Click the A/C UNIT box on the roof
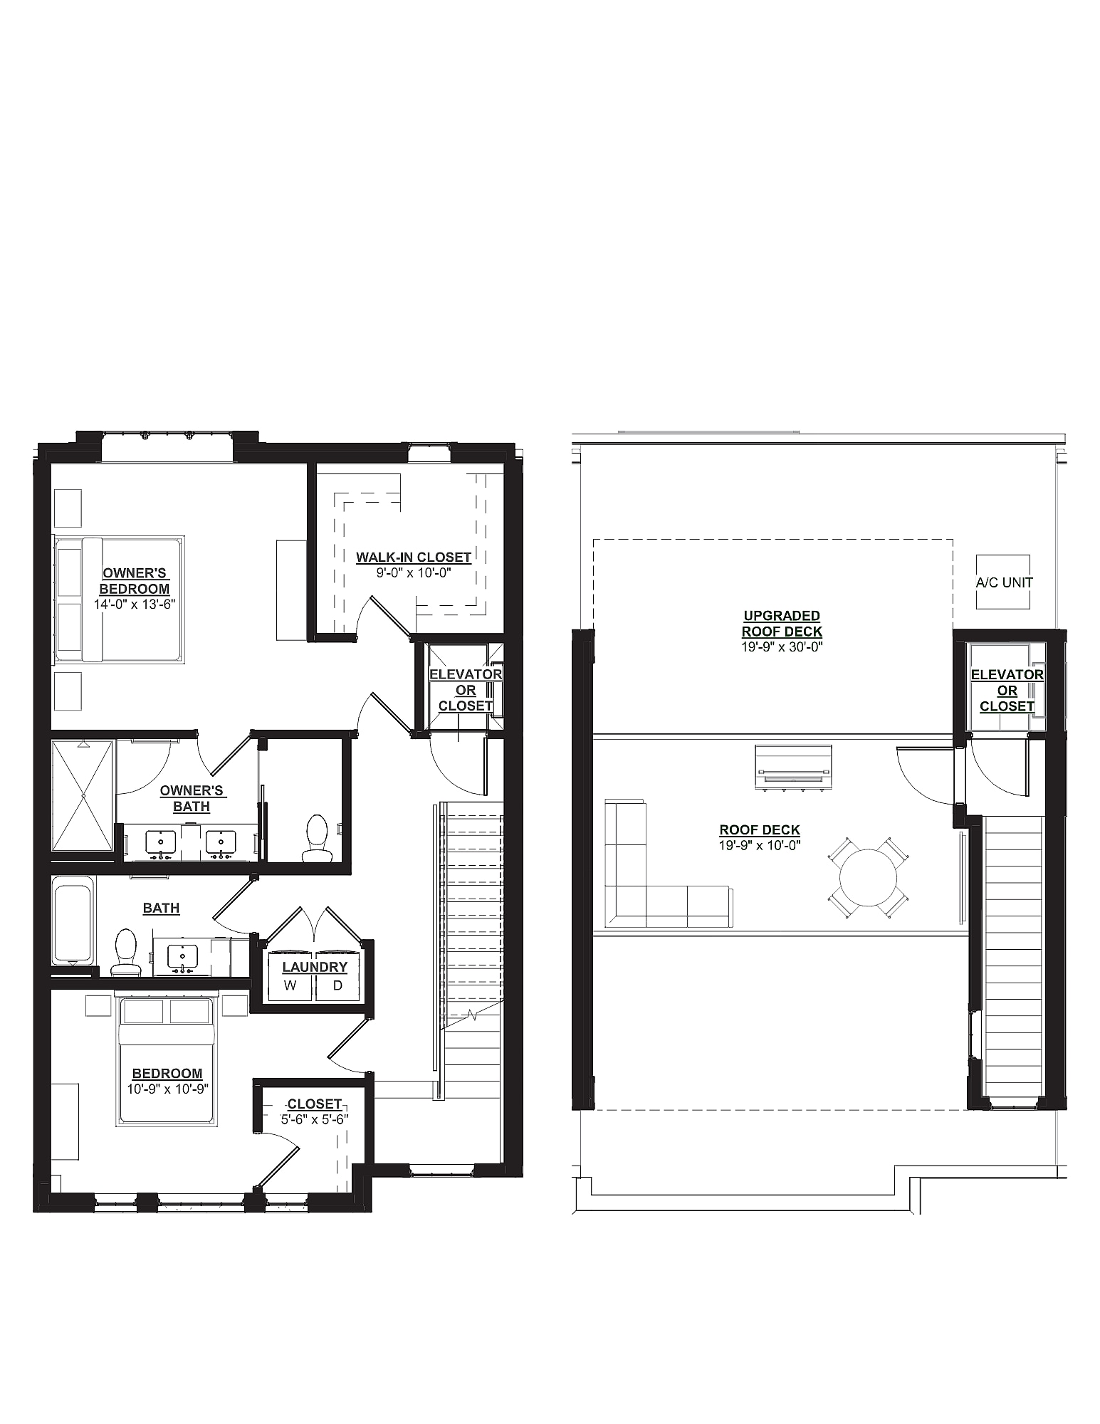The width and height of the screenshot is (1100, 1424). click(x=1003, y=582)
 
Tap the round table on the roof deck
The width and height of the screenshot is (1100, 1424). click(x=868, y=877)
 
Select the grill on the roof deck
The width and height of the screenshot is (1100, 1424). click(x=794, y=768)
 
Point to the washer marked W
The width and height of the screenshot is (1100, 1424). click(x=290, y=985)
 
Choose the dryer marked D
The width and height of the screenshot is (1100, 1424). click(x=338, y=985)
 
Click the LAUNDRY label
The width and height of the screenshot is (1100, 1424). click(x=315, y=967)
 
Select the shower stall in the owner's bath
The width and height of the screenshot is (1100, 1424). click(x=83, y=795)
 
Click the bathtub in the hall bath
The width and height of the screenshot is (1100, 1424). click(x=72, y=923)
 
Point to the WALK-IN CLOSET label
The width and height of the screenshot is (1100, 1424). click(x=414, y=557)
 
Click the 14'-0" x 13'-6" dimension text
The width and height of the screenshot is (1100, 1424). click(x=135, y=604)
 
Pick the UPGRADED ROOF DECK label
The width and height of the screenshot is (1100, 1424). click(x=782, y=623)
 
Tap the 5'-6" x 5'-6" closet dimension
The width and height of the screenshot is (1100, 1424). click(x=315, y=1119)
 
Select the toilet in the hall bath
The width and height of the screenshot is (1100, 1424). click(x=126, y=951)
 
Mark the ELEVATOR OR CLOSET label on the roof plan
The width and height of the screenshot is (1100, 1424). click(x=1007, y=690)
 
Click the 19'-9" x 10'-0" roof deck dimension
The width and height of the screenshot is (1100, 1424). click(x=760, y=845)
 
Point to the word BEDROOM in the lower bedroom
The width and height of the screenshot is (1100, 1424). click(x=167, y=1073)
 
